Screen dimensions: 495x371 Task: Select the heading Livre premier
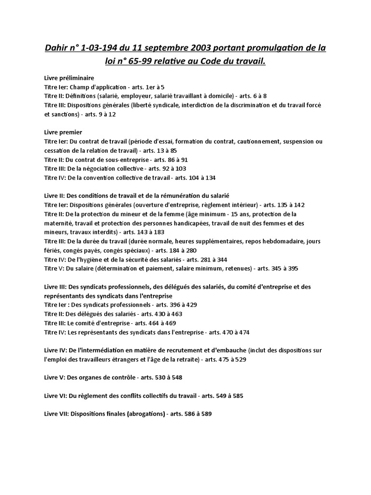tap(63, 132)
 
